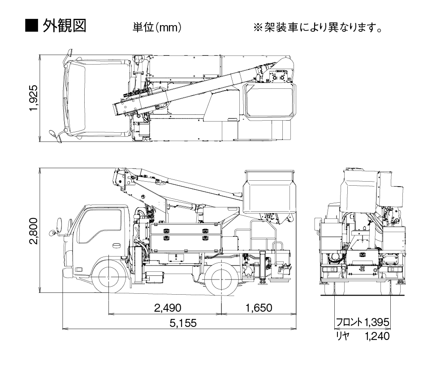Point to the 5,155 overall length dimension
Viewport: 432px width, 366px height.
click(x=181, y=323)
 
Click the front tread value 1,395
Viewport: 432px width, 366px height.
click(x=377, y=322)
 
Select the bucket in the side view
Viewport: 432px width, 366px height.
click(x=269, y=190)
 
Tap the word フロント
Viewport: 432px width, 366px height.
click(x=350, y=322)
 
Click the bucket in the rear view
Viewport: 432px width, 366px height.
click(x=361, y=188)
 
